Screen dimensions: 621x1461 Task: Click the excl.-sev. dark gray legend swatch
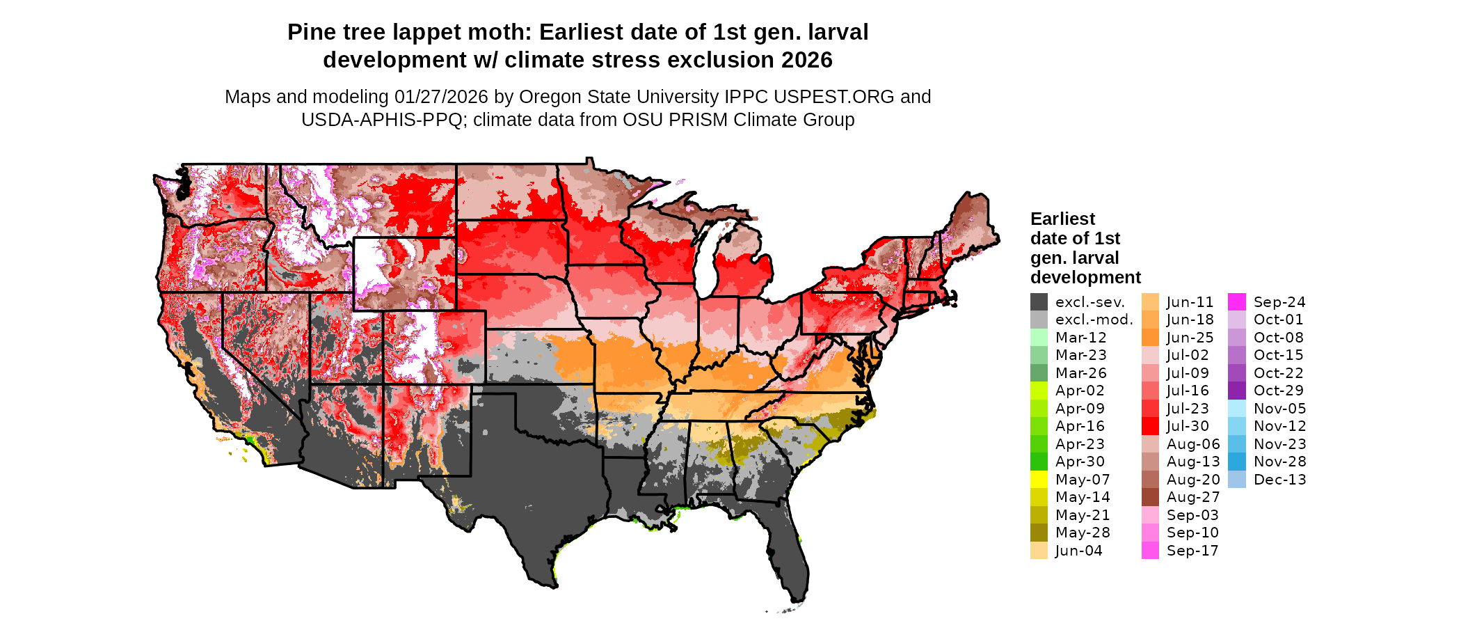[1039, 302]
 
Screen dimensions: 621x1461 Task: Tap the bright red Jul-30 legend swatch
[1150, 426]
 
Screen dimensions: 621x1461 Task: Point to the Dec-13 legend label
[1279, 480]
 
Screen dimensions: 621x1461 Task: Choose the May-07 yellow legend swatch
[1039, 480]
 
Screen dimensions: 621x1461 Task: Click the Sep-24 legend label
[1279, 302]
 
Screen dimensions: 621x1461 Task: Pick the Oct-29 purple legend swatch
[1237, 391]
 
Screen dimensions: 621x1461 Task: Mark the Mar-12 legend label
[1080, 338]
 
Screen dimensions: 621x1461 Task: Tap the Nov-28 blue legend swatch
[1237, 462]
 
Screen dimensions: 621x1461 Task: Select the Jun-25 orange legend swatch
[1150, 338]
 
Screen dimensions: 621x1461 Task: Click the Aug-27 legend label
[1193, 497]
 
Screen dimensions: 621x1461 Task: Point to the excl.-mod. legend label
[1094, 320]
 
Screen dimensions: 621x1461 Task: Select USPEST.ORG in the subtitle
[835, 97]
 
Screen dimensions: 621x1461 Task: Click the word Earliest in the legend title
[1062, 219]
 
